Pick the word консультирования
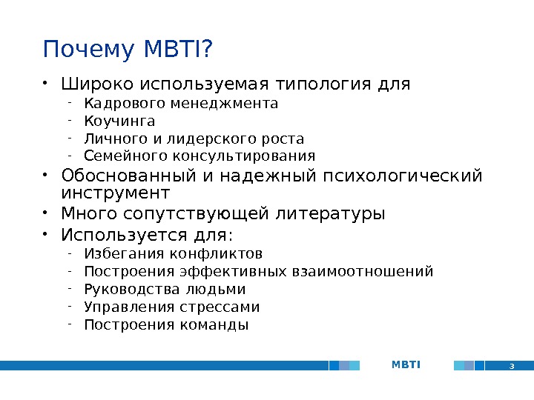(x=244, y=156)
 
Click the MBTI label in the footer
(x=406, y=364)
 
